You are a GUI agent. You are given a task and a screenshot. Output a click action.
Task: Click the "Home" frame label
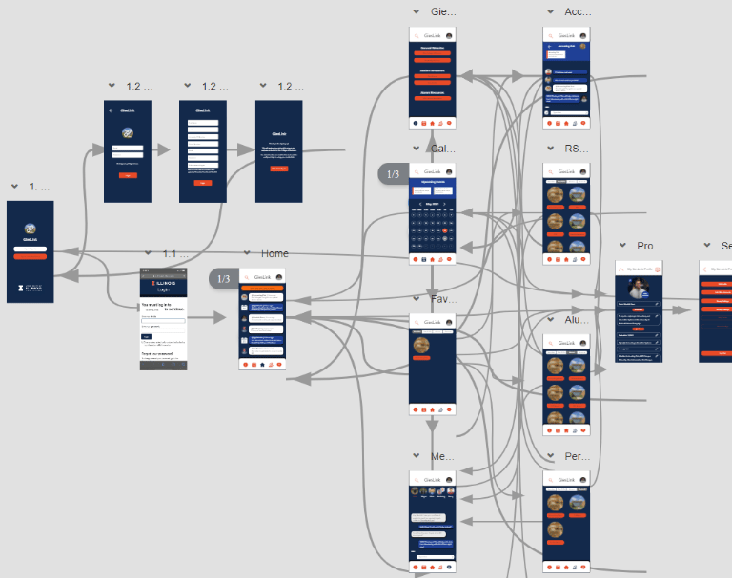[x=274, y=254]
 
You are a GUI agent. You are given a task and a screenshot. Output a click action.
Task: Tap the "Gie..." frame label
[x=443, y=11]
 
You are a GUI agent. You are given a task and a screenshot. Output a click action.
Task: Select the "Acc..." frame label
[x=578, y=11]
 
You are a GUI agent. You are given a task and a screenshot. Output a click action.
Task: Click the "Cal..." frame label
[x=443, y=149]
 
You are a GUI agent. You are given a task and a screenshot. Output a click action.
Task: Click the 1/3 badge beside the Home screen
[x=224, y=279]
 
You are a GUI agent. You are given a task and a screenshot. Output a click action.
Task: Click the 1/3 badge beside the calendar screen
[x=392, y=173]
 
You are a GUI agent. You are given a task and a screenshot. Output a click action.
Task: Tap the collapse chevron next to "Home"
[x=247, y=254]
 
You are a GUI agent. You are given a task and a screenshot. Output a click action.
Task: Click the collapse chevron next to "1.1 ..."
[x=148, y=254]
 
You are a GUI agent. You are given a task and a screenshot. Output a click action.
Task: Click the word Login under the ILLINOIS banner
[x=163, y=289]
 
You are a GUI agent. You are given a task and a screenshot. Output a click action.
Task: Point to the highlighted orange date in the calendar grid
[x=445, y=231]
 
